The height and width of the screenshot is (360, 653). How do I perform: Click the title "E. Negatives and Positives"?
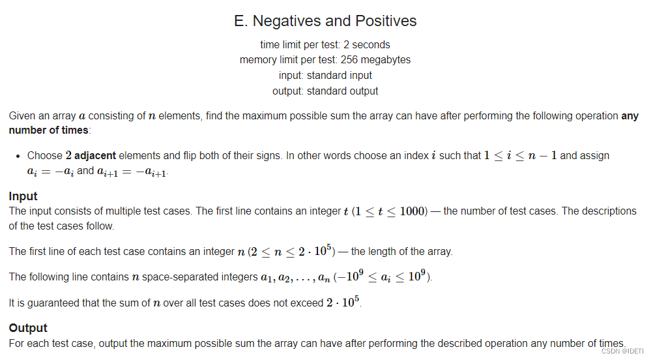point(325,21)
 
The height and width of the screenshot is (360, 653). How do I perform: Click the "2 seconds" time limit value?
point(366,45)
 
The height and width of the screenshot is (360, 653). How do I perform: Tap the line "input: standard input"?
point(325,76)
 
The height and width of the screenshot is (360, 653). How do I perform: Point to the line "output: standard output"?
point(325,91)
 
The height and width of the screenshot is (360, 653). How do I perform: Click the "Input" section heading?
point(23,196)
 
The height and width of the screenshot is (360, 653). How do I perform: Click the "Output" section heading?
point(28,328)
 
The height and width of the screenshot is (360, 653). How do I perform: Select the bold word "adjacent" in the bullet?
point(95,156)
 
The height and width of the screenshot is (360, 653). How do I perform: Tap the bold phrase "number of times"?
point(47,130)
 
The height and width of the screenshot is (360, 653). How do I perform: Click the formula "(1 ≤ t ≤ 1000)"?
point(389,211)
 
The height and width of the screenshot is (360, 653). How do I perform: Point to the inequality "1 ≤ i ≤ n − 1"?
point(519,156)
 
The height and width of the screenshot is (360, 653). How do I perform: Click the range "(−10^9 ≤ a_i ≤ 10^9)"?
point(381,277)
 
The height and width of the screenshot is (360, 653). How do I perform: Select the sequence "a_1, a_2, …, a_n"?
point(295,277)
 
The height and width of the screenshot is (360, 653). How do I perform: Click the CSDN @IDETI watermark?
point(622,351)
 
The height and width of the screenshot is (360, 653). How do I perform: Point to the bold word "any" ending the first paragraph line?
point(630,116)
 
